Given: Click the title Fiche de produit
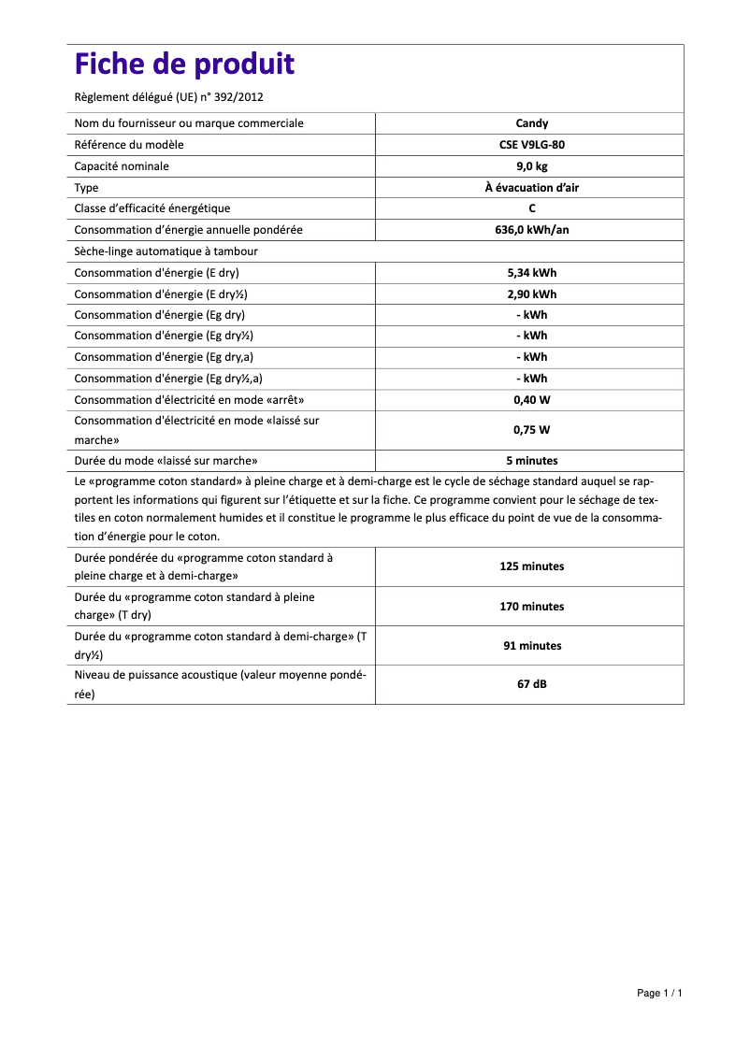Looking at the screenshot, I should (184, 64).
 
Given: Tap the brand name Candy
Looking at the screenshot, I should (532, 123).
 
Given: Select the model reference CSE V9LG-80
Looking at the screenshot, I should (532, 145).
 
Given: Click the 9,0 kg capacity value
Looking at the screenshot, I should (532, 166).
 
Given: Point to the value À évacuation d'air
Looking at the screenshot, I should (532, 188).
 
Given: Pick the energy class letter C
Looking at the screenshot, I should (532, 208).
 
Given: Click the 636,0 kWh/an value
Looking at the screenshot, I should (532, 230).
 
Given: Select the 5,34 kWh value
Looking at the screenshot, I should (532, 273).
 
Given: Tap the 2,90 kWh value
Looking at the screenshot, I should (532, 294).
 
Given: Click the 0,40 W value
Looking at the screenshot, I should (532, 400).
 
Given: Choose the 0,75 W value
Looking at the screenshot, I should (532, 430).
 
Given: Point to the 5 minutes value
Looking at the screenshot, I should (532, 461).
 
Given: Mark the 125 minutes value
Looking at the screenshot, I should (532, 566).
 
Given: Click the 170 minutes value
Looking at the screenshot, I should (532, 607).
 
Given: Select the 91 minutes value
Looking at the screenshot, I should (532, 646).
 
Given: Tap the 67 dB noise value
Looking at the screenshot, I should (532, 684).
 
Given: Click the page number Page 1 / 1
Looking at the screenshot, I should (659, 993).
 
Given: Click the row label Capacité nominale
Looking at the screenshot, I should (122, 166).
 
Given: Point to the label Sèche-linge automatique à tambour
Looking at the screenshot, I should (166, 251).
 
